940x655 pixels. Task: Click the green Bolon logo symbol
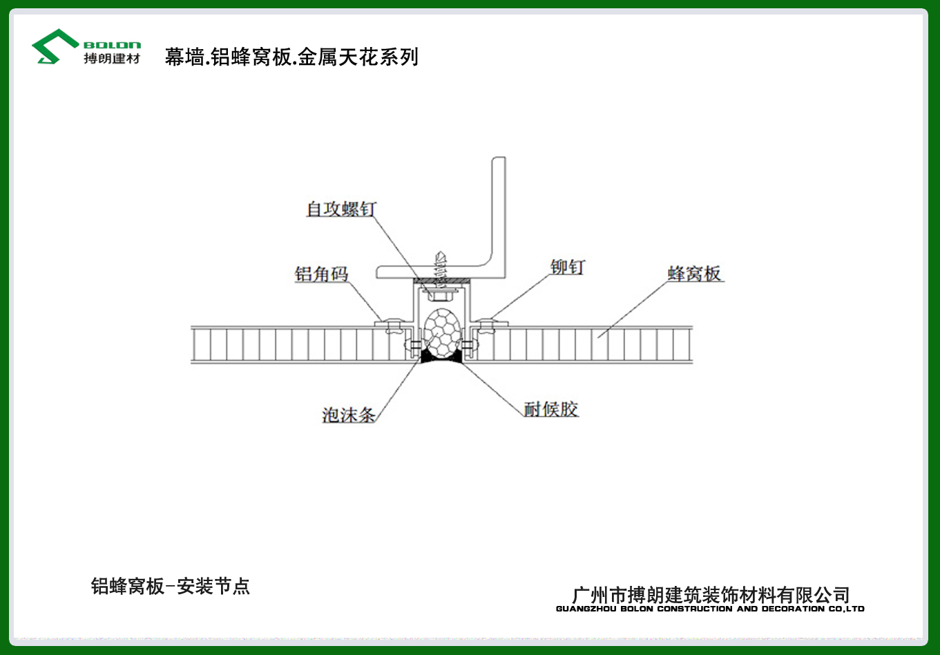(55, 46)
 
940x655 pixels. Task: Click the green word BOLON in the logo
(112, 46)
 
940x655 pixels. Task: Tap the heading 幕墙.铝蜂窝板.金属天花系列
(291, 57)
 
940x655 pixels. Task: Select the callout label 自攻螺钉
(341, 209)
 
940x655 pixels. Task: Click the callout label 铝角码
(321, 274)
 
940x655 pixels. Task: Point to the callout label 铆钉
(567, 267)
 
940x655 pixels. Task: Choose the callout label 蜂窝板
(694, 274)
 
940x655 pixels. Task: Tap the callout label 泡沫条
(348, 415)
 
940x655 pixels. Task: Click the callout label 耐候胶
(551, 409)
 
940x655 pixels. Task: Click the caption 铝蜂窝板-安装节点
(171, 586)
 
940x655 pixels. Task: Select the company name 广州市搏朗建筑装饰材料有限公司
(711, 595)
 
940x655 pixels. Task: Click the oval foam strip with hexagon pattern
(441, 333)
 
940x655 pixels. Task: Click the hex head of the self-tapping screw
(439, 296)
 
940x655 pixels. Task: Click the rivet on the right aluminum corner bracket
(486, 326)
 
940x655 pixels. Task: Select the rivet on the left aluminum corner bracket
(394, 326)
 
